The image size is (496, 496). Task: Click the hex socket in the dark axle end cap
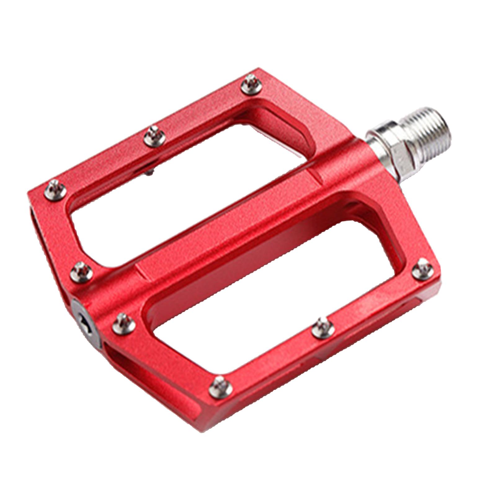point(86,325)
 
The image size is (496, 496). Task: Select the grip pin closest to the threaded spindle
point(251,84)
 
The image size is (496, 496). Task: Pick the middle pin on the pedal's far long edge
point(154,136)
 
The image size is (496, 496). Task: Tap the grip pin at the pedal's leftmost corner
point(55,190)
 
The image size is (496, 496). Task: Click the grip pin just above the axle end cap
point(81,272)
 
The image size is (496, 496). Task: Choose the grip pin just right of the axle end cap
point(124,323)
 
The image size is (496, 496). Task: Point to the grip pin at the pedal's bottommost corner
point(220,387)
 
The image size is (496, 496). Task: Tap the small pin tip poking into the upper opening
point(151,172)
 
